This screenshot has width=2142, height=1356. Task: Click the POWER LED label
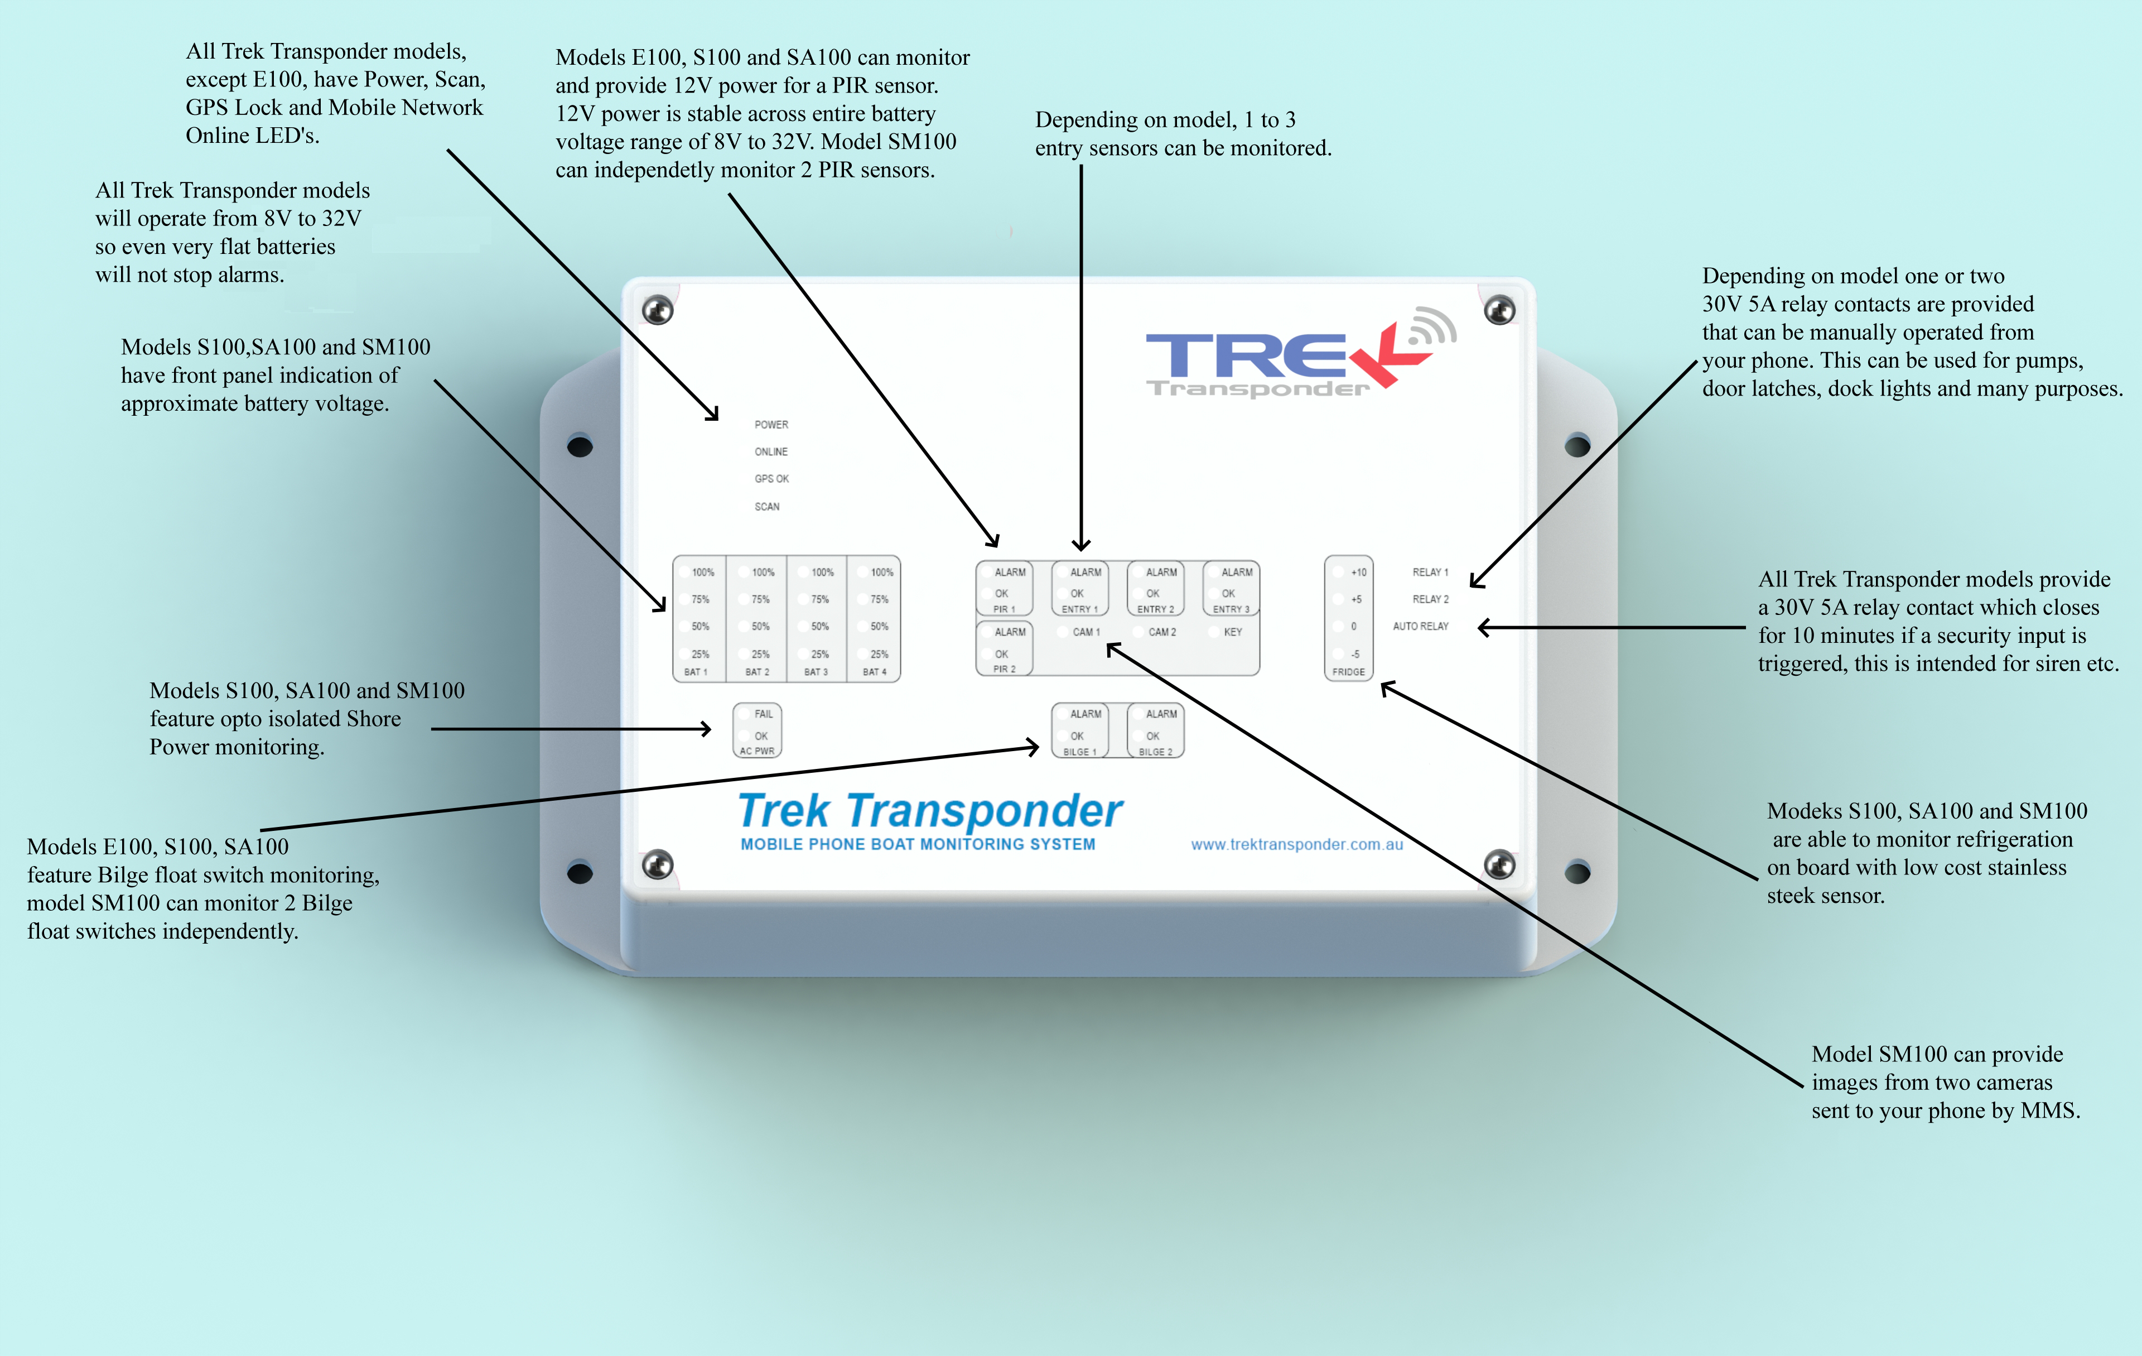click(x=771, y=425)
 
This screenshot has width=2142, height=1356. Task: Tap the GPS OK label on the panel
click(x=771, y=479)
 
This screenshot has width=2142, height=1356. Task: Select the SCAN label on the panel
click(x=767, y=506)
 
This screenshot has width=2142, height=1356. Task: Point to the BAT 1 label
click(x=696, y=672)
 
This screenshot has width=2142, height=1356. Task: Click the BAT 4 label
click(x=875, y=672)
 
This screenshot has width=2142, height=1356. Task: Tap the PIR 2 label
click(x=1004, y=669)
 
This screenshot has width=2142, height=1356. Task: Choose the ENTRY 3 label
click(x=1231, y=609)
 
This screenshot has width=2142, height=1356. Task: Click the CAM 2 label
click(x=1162, y=632)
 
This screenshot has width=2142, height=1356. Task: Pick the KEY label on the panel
click(x=1233, y=632)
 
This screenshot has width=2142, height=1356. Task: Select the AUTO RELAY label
click(x=1421, y=627)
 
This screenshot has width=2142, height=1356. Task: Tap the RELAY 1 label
click(x=1430, y=572)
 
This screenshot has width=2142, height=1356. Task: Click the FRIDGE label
click(x=1349, y=672)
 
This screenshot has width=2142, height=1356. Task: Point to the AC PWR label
click(x=757, y=751)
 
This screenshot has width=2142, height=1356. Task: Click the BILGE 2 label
click(x=1155, y=752)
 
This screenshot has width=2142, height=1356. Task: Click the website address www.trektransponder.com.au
click(x=1297, y=844)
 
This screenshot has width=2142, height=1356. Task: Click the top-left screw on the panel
click(x=657, y=310)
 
